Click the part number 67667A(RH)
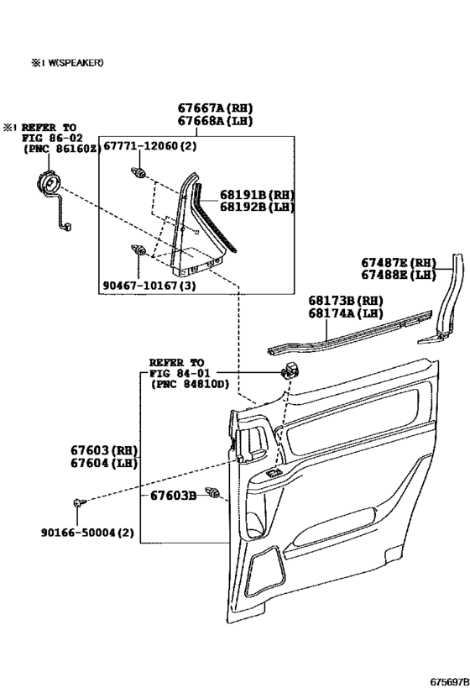[x=215, y=108]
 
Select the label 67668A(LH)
[x=215, y=122]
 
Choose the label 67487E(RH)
[x=399, y=262]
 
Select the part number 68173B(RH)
[x=344, y=300]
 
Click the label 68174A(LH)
[x=344, y=313]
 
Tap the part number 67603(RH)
[x=104, y=449]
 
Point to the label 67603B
[x=173, y=496]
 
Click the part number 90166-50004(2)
[x=86, y=533]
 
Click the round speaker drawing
[x=50, y=184]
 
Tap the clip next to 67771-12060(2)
[x=137, y=173]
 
